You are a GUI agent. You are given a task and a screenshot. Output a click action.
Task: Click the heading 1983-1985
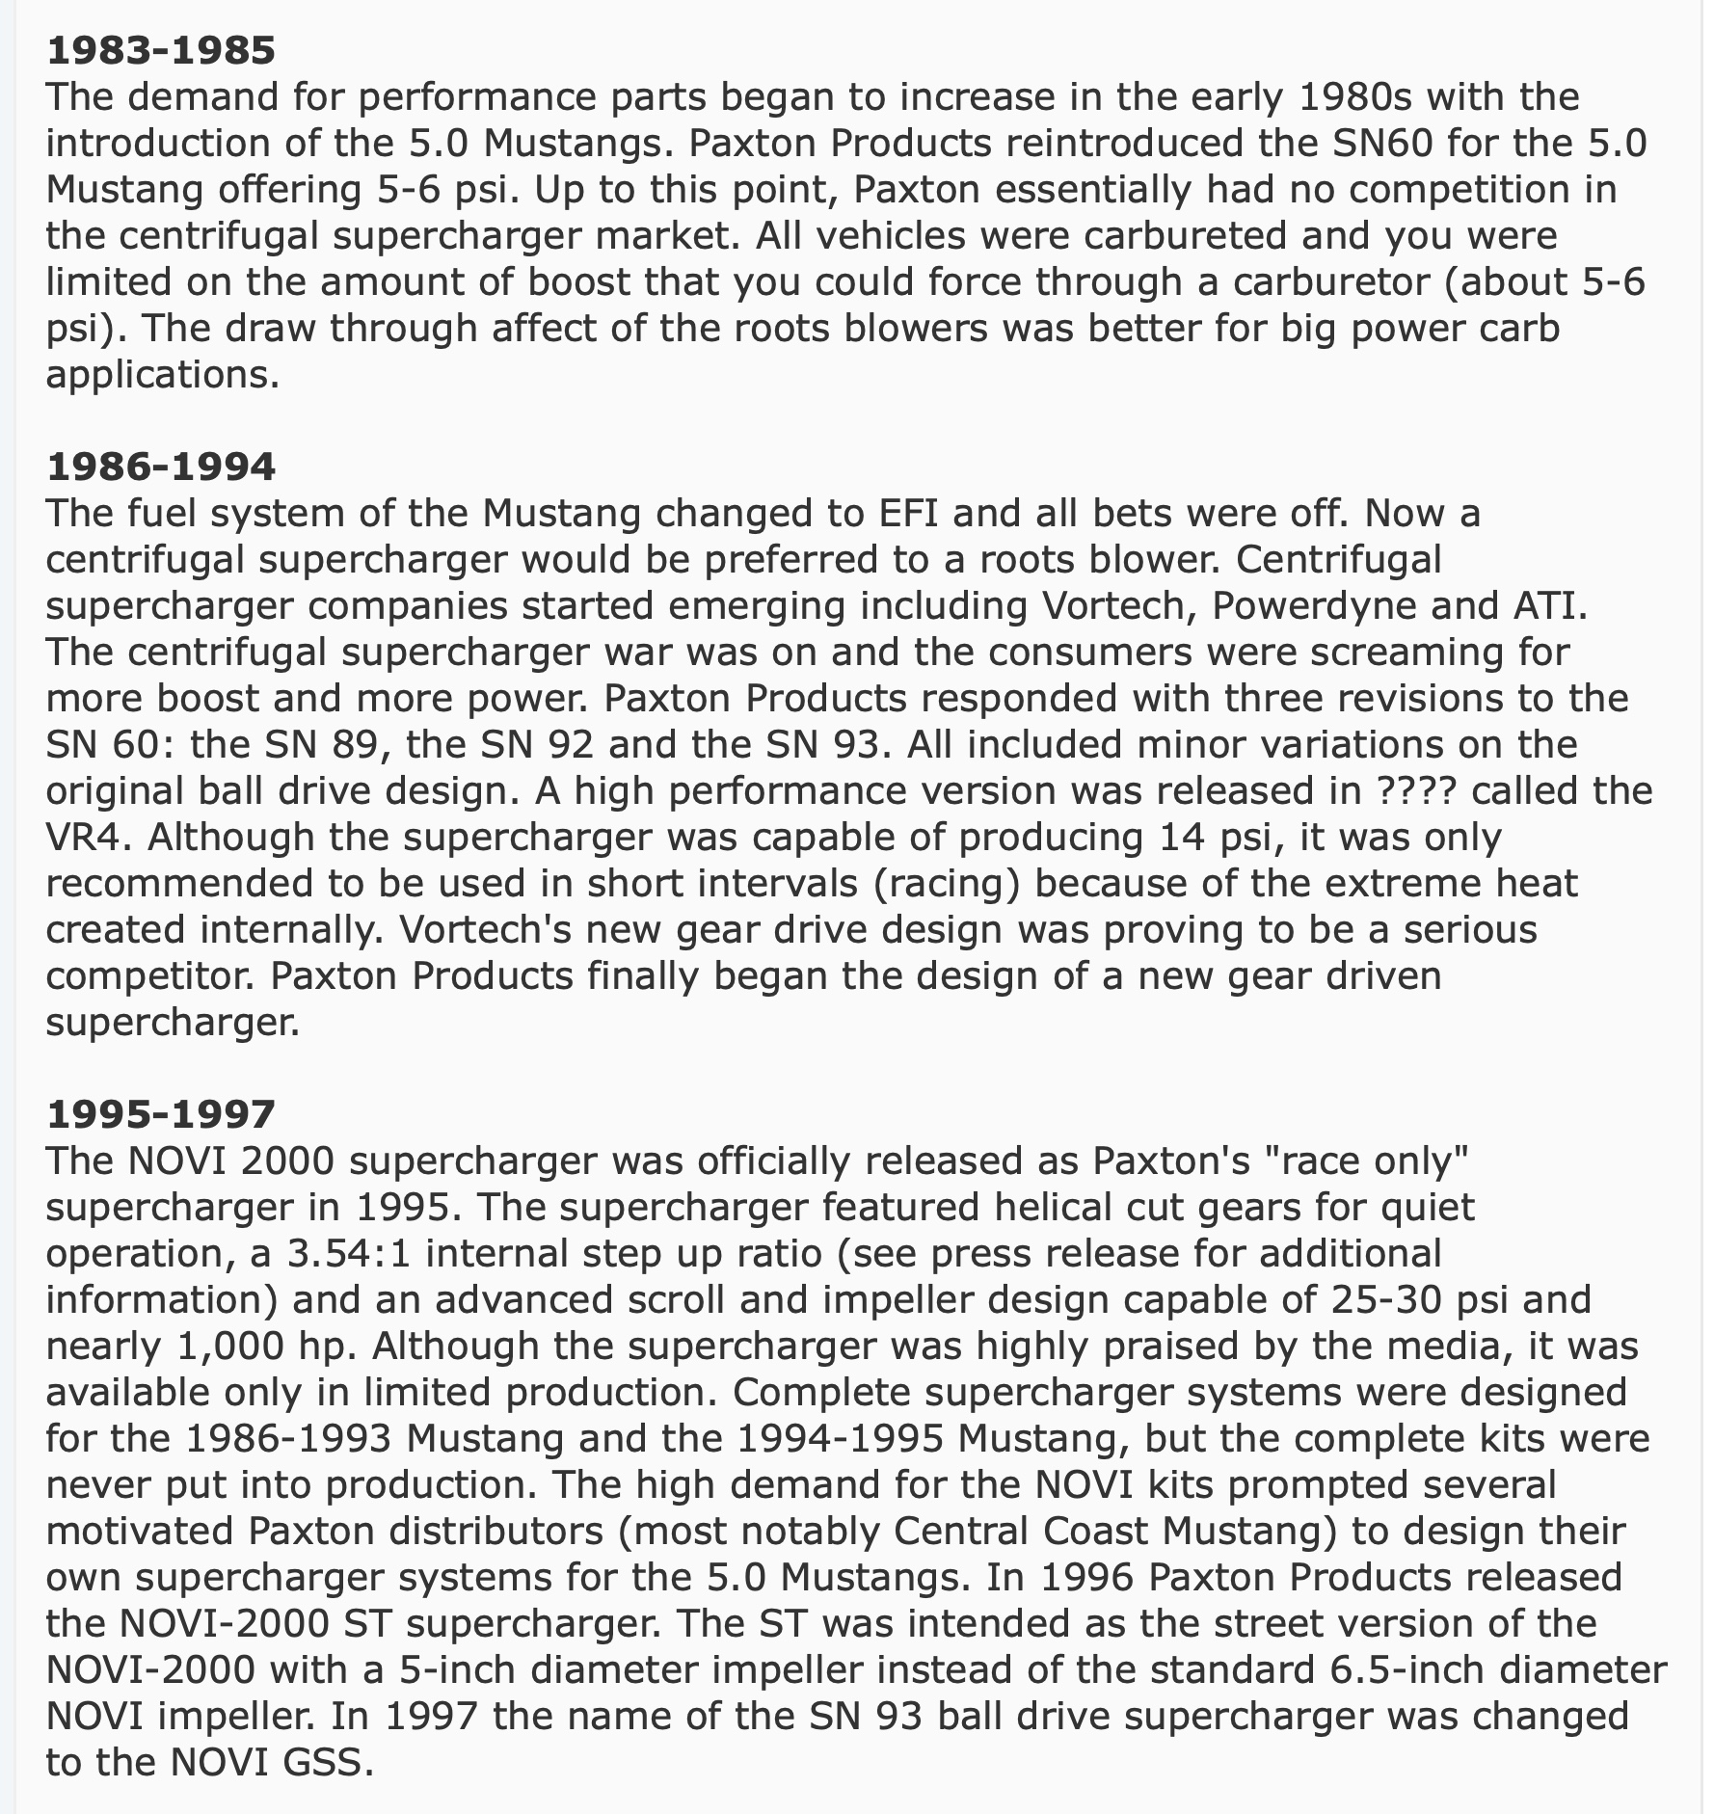160,51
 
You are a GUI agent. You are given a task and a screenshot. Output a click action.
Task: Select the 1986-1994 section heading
160,467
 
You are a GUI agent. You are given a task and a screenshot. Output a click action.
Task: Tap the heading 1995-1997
160,1114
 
